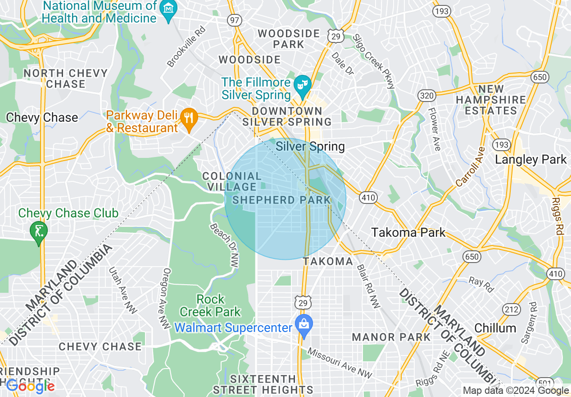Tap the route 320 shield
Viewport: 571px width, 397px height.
425,96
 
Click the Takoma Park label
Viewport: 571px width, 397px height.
408,233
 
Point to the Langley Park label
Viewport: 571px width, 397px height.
530,159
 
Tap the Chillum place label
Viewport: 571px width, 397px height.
495,328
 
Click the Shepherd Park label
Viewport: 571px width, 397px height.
281,200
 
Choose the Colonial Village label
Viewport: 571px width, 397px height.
231,181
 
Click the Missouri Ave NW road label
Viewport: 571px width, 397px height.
340,363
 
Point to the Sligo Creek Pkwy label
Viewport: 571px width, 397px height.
373,61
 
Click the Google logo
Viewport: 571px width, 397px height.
30,386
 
